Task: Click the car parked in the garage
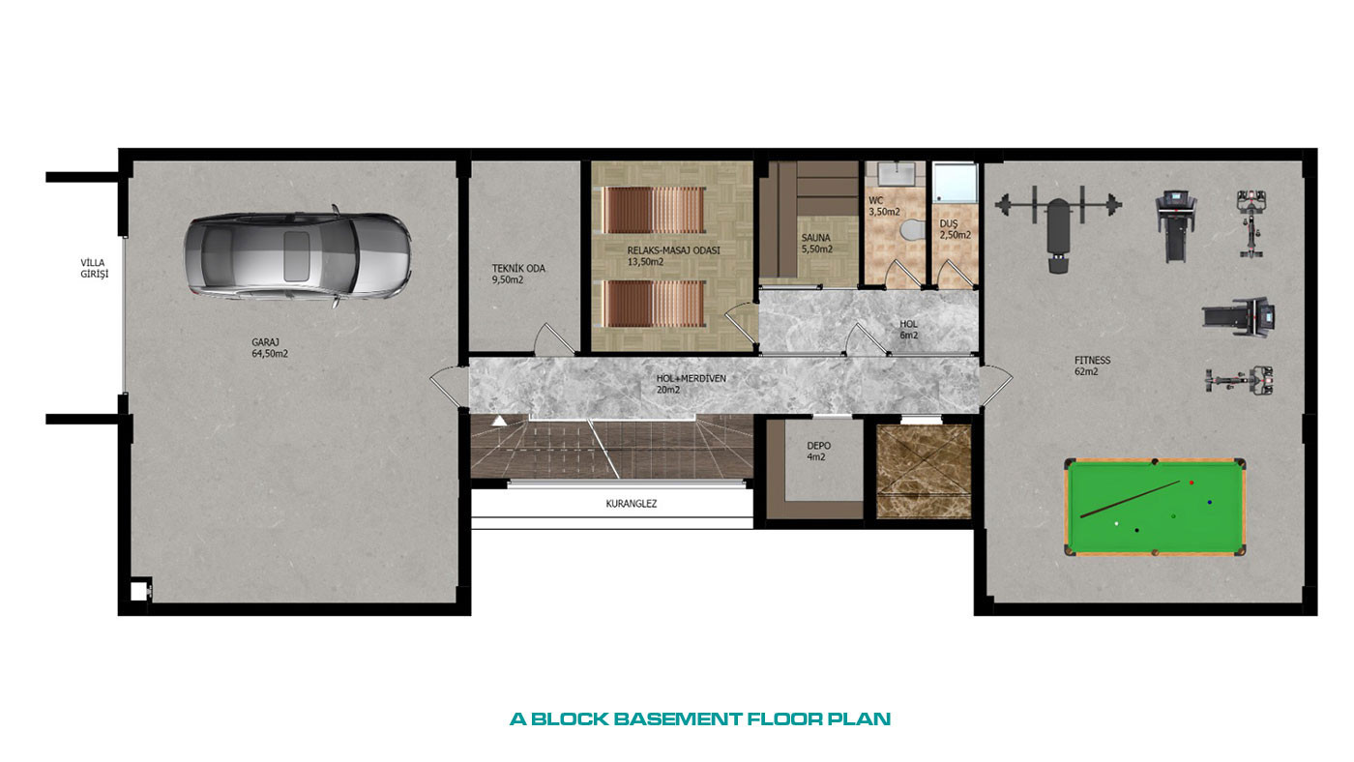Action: tap(298, 255)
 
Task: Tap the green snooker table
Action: tap(1155, 507)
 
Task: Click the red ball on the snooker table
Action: tap(1192, 483)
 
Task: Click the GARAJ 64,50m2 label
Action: tap(270, 347)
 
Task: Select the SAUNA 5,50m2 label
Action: tap(816, 243)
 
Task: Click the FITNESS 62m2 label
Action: tap(1092, 366)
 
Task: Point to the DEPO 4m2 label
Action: tap(818, 451)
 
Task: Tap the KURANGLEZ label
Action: tap(631, 504)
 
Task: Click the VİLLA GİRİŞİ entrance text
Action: tap(95, 268)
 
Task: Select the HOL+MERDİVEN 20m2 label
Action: tap(691, 384)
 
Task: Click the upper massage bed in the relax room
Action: tap(654, 210)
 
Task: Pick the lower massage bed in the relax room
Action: tap(654, 304)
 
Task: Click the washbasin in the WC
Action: tap(896, 175)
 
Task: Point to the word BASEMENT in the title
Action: tap(677, 719)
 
